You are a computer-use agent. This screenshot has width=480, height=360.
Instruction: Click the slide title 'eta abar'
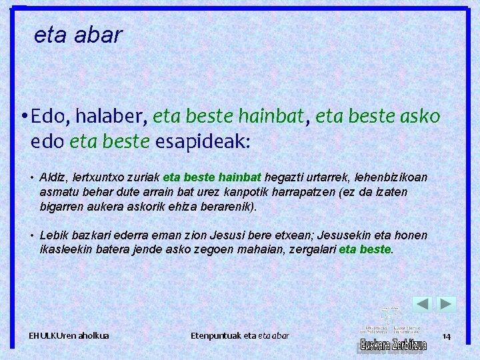point(78,35)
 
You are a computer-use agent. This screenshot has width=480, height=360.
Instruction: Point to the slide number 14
point(446,337)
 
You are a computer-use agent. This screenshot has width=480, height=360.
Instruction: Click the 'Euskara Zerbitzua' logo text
point(393,345)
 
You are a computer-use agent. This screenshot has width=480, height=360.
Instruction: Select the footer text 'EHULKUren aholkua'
point(69,335)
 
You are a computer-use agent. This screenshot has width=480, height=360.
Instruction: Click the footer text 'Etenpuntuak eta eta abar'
point(239,335)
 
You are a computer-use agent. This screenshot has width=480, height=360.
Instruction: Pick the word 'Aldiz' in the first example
point(51,177)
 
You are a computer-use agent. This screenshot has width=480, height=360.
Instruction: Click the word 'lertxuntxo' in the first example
point(90,177)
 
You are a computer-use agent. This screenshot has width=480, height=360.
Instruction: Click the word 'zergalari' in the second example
point(307,250)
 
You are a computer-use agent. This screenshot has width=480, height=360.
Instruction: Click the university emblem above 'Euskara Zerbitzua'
point(389,315)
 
